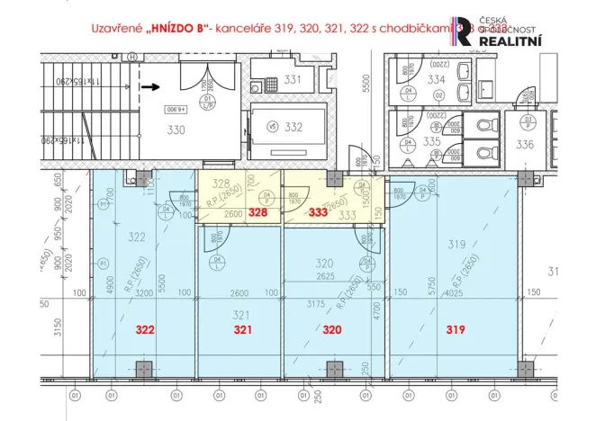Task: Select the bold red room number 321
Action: point(240,329)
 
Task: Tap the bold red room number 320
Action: point(333,329)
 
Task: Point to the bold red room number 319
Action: point(456,329)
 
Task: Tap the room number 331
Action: point(293,80)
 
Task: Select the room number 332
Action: point(293,127)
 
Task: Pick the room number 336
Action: point(526,144)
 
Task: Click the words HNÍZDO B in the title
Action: point(173,29)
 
